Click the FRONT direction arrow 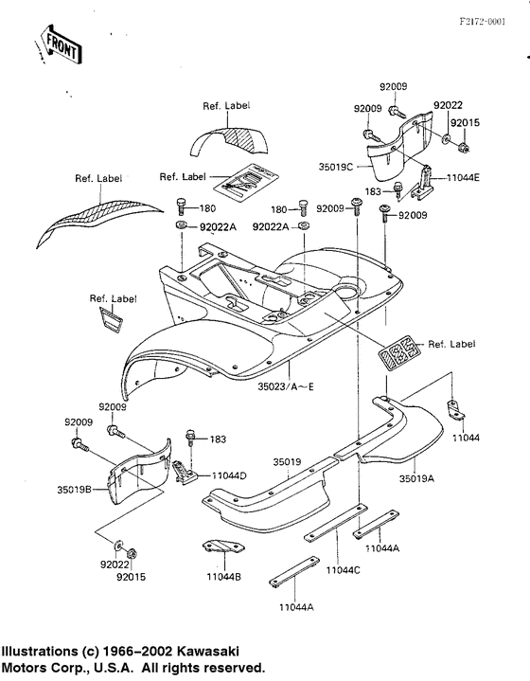click(x=60, y=45)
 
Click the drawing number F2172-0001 click(x=483, y=22)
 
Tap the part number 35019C click(x=336, y=167)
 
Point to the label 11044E click(x=463, y=177)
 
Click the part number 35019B click(x=74, y=490)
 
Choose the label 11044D click(x=229, y=475)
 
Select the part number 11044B click(x=223, y=577)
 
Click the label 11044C click(x=344, y=570)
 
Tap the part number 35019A click(x=416, y=478)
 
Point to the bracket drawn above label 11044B click(x=224, y=546)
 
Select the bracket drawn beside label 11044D click(x=185, y=472)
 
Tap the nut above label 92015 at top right click(x=464, y=148)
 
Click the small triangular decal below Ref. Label click(x=111, y=319)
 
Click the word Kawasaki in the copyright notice click(x=207, y=651)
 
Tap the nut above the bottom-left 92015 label click(x=132, y=554)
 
